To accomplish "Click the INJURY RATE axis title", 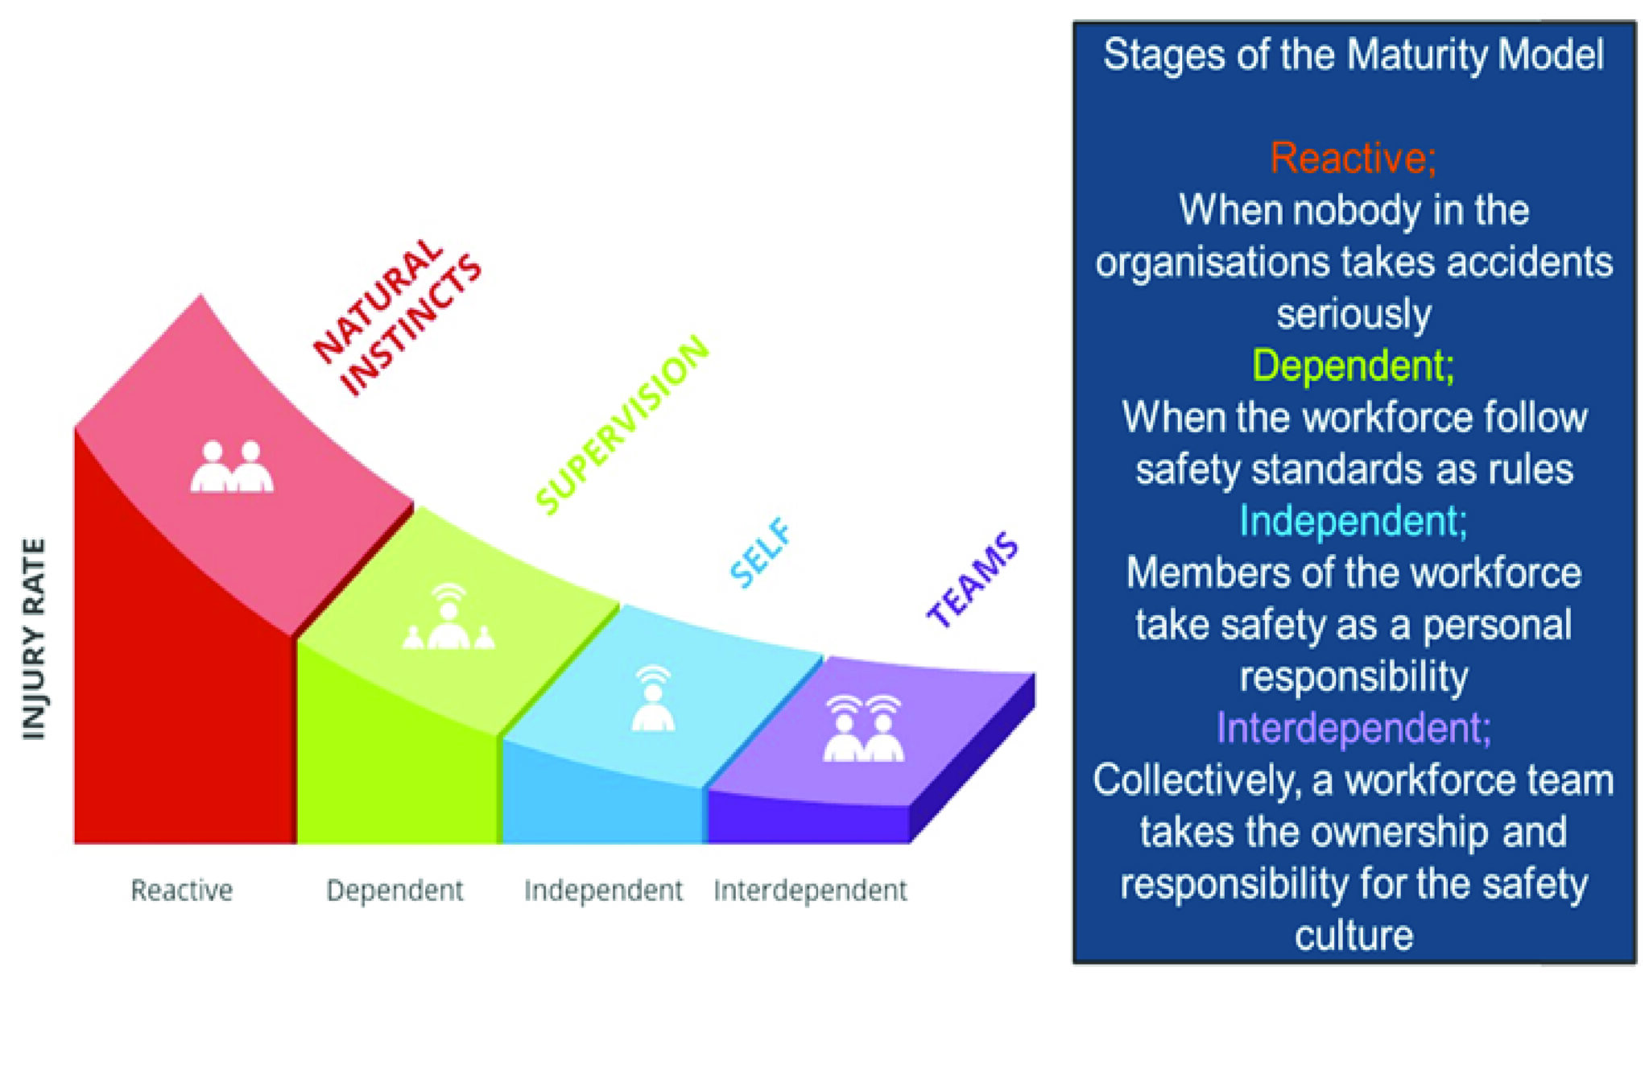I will point(34,639).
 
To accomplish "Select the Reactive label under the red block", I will point(182,891).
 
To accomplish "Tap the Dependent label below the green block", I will point(395,891).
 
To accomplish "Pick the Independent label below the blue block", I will point(603,891).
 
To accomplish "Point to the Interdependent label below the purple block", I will point(810,891).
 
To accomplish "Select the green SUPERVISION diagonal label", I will point(622,424).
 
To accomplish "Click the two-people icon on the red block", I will point(232,467).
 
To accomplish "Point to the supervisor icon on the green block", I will point(448,618).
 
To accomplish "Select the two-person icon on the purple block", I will point(864,729).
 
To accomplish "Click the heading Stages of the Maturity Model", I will point(1354,56).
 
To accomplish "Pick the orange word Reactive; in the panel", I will point(1354,158).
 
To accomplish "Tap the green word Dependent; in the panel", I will point(1354,366).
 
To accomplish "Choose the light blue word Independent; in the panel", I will point(1354,521).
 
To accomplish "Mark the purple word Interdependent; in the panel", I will point(1354,728).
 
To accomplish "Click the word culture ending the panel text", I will point(1354,936).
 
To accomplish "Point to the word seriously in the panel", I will point(1354,314).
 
